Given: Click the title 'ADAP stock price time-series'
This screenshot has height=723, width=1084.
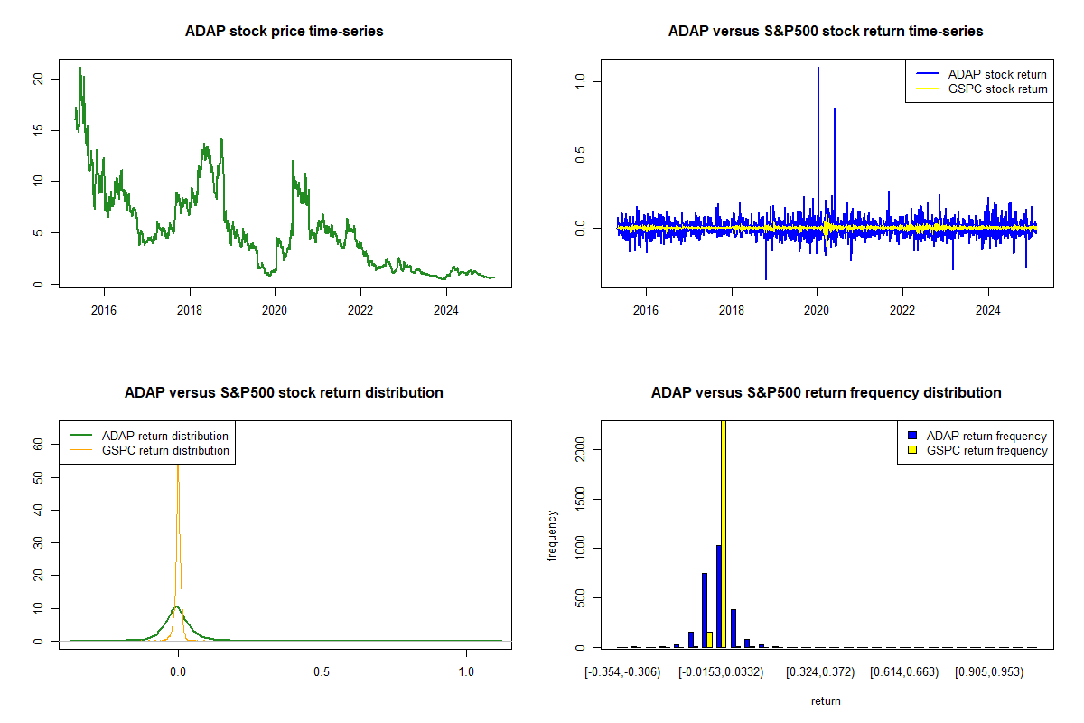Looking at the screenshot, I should tap(285, 32).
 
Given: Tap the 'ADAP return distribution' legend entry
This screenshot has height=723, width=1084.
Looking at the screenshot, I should tap(165, 436).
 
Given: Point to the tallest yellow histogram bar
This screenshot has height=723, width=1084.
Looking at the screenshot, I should tap(724, 533).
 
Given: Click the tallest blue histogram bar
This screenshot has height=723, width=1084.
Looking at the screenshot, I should tap(718, 596).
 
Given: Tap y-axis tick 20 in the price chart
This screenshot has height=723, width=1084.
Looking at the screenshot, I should tap(39, 79).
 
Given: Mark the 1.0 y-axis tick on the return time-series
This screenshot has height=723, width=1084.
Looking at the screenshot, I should tap(581, 81).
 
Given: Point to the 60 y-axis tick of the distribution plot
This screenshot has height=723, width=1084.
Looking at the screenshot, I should tap(39, 444).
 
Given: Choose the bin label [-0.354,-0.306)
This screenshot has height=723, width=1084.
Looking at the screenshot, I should tap(622, 673).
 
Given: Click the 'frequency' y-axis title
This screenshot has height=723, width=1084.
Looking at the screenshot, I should tap(553, 536).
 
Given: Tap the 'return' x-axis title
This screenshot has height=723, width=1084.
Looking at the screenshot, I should tap(826, 700).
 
